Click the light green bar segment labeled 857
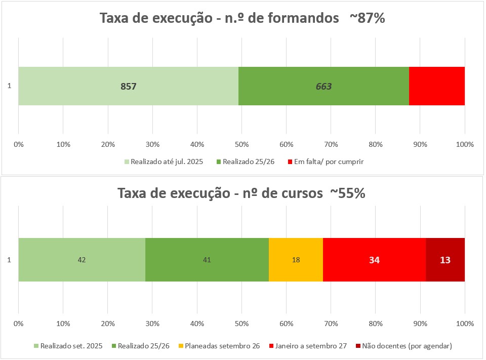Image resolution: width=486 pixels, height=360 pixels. pyautogui.click(x=128, y=86)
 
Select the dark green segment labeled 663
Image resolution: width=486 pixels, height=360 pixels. pyautogui.click(x=323, y=86)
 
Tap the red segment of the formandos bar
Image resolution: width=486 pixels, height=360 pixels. pyautogui.click(x=437, y=86)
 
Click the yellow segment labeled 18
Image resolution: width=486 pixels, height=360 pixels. pyautogui.click(x=296, y=260)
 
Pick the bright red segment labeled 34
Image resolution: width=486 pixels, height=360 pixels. pyautogui.click(x=375, y=260)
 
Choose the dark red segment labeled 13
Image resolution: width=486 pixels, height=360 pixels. pyautogui.click(x=445, y=260)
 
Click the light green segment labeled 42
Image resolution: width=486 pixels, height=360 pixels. pyautogui.click(x=82, y=260)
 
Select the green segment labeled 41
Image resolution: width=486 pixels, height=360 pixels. pyautogui.click(x=207, y=260)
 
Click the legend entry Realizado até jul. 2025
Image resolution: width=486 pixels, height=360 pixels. pyautogui.click(x=164, y=162)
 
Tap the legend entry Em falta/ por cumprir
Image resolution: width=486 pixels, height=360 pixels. pyautogui.click(x=326, y=162)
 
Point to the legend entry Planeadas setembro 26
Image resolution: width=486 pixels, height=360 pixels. pyautogui.click(x=219, y=346)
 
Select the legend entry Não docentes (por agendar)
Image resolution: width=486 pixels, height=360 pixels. pyautogui.click(x=404, y=346)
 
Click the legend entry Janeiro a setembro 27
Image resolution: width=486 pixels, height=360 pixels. pyautogui.click(x=308, y=346)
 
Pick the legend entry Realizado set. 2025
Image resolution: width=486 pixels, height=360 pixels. pyautogui.click(x=68, y=346)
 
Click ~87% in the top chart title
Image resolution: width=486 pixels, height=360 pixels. pyautogui.click(x=368, y=18)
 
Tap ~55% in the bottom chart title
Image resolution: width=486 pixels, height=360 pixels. pyautogui.click(x=348, y=193)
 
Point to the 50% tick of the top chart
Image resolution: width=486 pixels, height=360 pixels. pyautogui.click(x=242, y=144)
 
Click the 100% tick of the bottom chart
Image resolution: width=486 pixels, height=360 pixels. pyautogui.click(x=465, y=324)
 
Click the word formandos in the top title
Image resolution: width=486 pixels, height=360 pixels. pyautogui.click(x=303, y=18)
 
